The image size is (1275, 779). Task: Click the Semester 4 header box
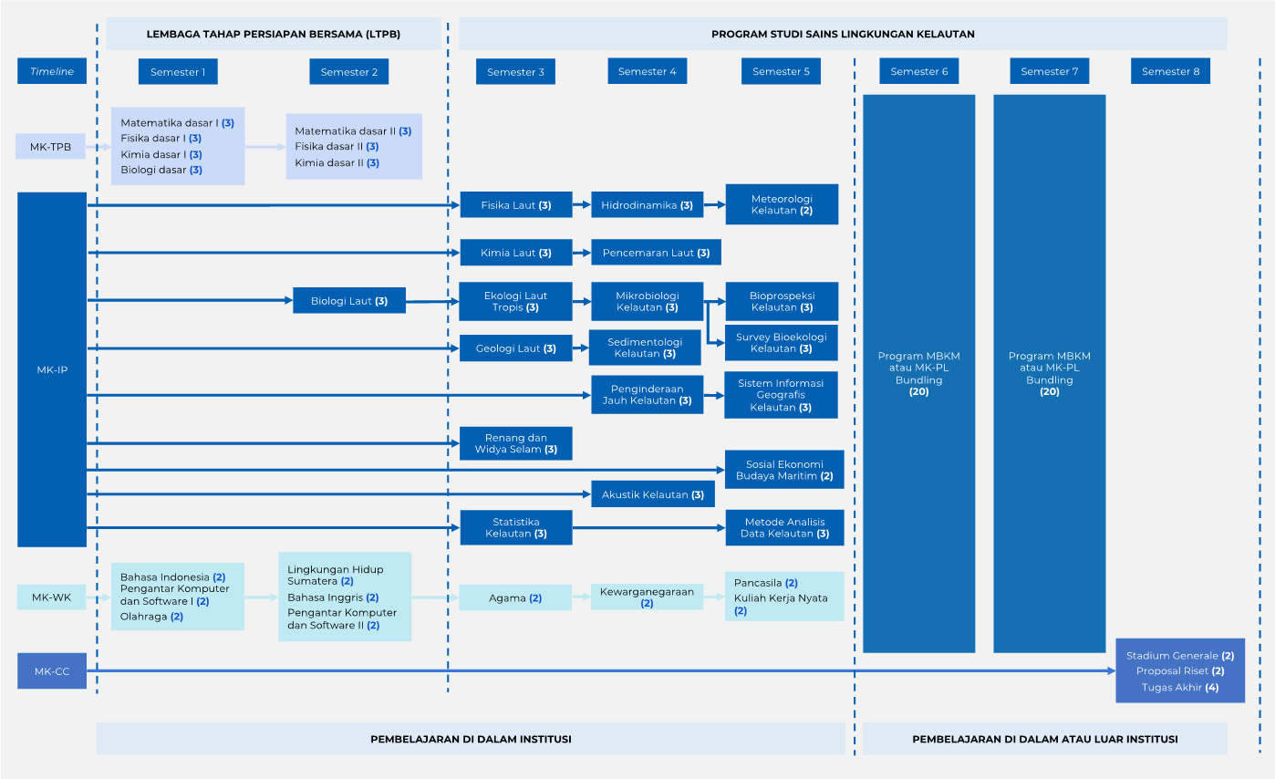click(x=648, y=71)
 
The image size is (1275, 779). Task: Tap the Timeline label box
click(x=52, y=71)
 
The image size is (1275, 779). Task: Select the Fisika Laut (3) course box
click(x=515, y=205)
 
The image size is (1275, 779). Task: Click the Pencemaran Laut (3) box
click(x=656, y=253)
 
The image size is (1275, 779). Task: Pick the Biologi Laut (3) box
click(x=349, y=301)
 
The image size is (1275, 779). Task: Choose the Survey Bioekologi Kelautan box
click(x=781, y=343)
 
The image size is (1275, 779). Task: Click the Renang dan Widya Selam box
click(x=515, y=443)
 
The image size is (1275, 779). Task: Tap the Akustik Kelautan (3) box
click(x=653, y=494)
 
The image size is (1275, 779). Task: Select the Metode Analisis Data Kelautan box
click(x=784, y=528)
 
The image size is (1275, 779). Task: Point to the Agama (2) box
click(x=515, y=597)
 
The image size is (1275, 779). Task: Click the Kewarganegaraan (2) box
click(x=647, y=597)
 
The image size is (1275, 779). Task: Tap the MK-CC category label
click(x=52, y=671)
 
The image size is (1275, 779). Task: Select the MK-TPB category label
click(x=50, y=147)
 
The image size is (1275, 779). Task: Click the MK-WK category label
click(x=51, y=597)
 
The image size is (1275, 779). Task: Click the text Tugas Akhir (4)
click(x=1180, y=687)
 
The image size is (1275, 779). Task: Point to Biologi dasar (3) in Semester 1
click(x=161, y=170)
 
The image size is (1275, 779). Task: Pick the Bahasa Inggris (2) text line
click(x=333, y=597)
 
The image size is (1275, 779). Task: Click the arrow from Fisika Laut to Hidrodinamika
click(x=582, y=204)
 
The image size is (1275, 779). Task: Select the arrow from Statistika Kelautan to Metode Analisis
click(x=648, y=528)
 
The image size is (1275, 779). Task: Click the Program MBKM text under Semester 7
click(x=1050, y=374)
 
